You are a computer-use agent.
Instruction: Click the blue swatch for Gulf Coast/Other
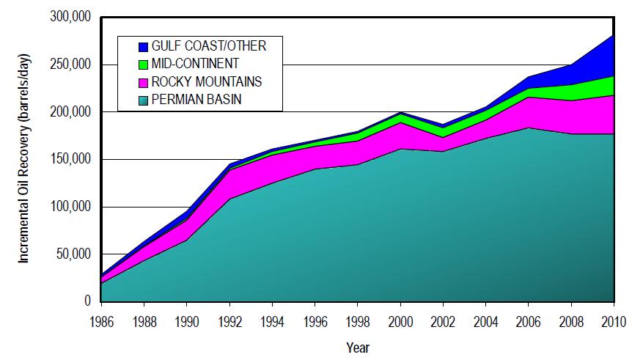point(143,46)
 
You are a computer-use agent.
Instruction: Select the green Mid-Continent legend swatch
point(143,64)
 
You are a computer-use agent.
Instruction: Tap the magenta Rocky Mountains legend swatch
point(143,82)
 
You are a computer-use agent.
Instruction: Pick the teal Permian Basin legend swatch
point(143,100)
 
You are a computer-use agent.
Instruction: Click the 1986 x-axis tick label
point(102,320)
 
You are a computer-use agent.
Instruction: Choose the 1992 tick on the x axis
point(229,320)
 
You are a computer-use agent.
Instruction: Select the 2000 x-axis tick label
point(400,320)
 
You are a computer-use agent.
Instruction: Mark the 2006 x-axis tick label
point(529,320)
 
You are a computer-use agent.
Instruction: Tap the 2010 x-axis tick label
point(614,320)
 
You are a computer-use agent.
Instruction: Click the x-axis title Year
point(357,347)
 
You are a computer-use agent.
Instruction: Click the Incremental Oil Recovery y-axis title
point(24,159)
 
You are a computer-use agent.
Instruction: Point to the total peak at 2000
point(400,113)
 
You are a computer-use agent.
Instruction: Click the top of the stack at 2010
point(614,35)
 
